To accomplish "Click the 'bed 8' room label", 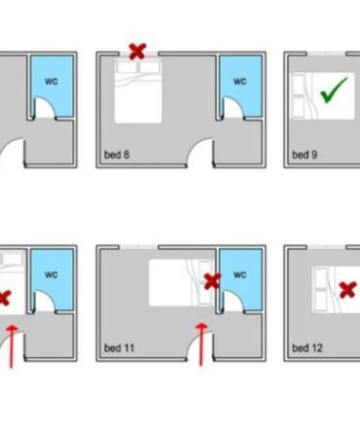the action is [117, 155].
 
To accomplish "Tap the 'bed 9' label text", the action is [305, 155].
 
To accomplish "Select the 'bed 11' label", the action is [119, 348].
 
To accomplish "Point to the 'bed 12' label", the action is [307, 348].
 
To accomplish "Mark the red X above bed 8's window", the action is [137, 52].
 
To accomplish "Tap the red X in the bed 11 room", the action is [212, 281].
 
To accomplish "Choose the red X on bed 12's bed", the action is [347, 290].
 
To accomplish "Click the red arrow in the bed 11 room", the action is [201, 343].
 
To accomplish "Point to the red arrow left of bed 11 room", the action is [12, 346].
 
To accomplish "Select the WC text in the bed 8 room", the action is [240, 81].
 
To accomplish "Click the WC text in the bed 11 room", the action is [240, 275].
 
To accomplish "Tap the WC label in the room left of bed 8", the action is [52, 81].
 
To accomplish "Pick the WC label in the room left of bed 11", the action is [52, 275].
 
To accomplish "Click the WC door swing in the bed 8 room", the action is [238, 103].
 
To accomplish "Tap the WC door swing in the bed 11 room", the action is [238, 297].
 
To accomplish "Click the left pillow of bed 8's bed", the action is [126, 67].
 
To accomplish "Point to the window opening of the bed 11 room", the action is [139, 247].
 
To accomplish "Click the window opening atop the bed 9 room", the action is [326, 53].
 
